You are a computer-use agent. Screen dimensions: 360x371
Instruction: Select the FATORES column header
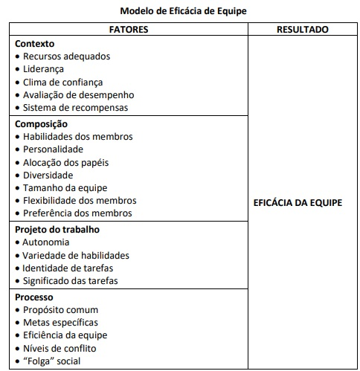tap(129, 30)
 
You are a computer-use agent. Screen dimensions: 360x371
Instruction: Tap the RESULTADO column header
tap(302, 30)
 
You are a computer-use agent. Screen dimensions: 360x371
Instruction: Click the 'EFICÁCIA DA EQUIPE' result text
tap(298, 202)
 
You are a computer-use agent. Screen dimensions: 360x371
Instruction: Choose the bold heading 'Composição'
tap(41, 124)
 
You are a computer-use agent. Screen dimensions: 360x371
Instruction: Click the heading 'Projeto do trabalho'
tap(57, 230)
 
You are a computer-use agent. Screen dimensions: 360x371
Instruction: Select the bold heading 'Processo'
tap(36, 297)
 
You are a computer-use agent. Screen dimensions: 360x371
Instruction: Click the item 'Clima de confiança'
tap(62, 83)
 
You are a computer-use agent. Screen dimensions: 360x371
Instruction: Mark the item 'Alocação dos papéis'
tap(65, 162)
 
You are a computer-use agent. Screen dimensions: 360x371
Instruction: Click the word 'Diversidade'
tap(48, 175)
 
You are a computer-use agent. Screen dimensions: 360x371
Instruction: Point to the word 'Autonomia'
tap(46, 242)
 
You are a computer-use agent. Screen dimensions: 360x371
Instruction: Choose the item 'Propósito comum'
tap(60, 310)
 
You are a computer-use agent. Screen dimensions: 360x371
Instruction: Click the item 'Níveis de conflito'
tap(60, 349)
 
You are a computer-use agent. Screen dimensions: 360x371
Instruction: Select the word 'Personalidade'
tap(54, 149)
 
